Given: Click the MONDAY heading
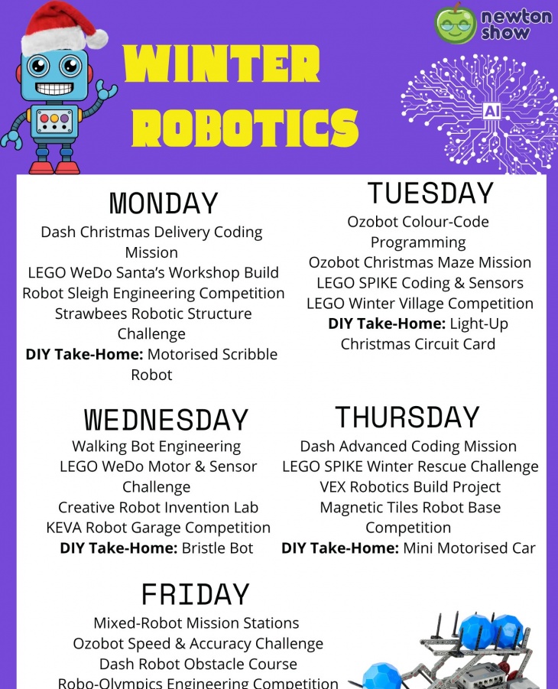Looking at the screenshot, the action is tap(164, 203).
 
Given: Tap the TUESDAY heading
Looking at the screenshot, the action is tap(430, 193).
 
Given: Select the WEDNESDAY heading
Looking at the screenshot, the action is tap(166, 420).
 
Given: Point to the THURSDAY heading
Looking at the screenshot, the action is tap(407, 417).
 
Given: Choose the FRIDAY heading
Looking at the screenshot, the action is tap(196, 594).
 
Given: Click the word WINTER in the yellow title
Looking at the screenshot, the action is tap(222, 63).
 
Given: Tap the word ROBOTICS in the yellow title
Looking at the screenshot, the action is tap(245, 128).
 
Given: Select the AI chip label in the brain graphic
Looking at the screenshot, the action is tap(491, 111).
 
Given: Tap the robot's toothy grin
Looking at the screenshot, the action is tap(54, 89).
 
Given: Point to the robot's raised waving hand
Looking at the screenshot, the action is tap(107, 90).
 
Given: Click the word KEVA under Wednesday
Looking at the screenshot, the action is tap(63, 528).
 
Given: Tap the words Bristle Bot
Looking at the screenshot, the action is tap(218, 548).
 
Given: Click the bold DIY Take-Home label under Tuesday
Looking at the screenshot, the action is tap(387, 323).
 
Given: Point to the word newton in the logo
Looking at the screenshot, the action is tap(517, 16).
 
